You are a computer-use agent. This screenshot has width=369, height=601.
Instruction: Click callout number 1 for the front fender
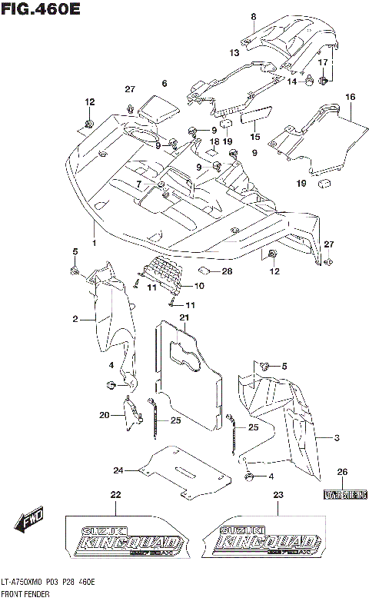pyautogui.click(x=95, y=243)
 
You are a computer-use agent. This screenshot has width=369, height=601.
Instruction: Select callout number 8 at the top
pyautogui.click(x=253, y=16)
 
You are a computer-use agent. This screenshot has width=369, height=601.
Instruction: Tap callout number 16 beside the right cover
pyautogui.click(x=351, y=97)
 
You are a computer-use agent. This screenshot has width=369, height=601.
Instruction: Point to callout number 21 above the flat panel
pyautogui.click(x=184, y=317)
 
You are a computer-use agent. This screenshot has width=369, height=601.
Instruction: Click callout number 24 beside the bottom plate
pyautogui.click(x=118, y=470)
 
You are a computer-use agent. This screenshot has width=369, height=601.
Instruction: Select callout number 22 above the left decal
pyautogui.click(x=115, y=494)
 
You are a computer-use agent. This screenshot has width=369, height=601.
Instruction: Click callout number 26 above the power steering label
pyautogui.click(x=343, y=471)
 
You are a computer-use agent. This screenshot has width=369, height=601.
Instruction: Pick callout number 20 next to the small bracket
pyautogui.click(x=104, y=415)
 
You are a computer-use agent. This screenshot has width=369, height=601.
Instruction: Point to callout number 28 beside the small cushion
pyautogui.click(x=227, y=271)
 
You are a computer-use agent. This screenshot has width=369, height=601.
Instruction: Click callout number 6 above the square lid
pyautogui.click(x=164, y=83)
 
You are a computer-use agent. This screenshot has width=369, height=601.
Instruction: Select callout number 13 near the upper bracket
pyautogui.click(x=234, y=53)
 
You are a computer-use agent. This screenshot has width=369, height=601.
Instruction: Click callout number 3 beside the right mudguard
pyautogui.click(x=336, y=437)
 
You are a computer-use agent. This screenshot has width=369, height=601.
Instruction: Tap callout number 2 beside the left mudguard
pyautogui.click(x=75, y=318)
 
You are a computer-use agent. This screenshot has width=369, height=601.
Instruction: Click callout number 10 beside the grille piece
pyautogui.click(x=198, y=286)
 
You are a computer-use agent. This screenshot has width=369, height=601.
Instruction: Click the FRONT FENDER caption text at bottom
pyautogui.click(x=25, y=595)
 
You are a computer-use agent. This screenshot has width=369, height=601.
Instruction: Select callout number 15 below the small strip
pyautogui.click(x=254, y=136)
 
